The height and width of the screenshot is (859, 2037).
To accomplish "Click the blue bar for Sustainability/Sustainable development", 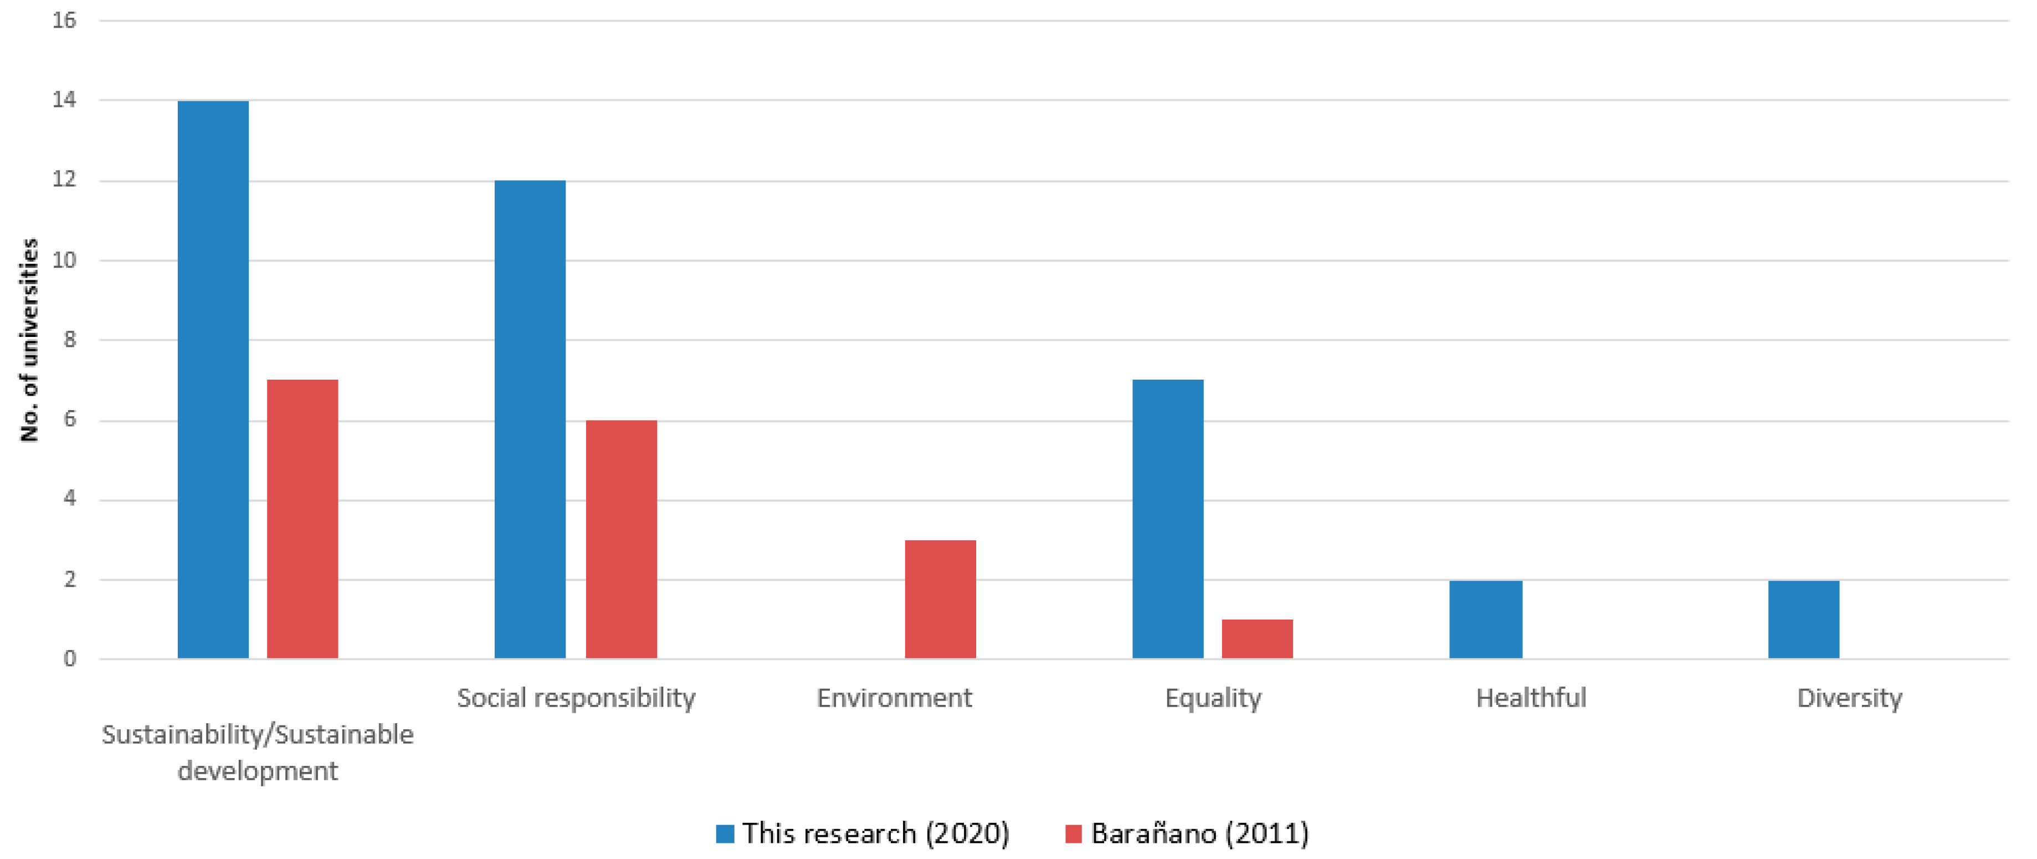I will coord(213,380).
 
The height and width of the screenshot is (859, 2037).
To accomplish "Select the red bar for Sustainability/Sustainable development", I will coord(302,519).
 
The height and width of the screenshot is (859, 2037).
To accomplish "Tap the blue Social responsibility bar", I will coord(530,419).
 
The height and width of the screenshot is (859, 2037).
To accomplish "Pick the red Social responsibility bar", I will coord(621,539).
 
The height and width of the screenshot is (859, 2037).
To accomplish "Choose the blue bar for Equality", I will coord(1167,519).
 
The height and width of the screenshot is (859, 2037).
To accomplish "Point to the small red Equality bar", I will coord(1256,638).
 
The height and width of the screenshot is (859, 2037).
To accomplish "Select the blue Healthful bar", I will coord(1485,620).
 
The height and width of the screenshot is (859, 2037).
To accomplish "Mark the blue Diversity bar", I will coord(1803,620).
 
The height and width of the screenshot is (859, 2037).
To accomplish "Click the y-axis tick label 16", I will coord(64,21).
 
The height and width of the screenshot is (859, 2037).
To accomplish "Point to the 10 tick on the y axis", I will coord(64,260).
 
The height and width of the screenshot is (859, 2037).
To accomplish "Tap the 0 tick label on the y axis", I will coord(70,659).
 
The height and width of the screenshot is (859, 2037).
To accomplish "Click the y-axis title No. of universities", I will coord(29,340).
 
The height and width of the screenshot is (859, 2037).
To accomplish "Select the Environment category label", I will coord(894,698).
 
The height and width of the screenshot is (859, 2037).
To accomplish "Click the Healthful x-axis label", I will coord(1531,698).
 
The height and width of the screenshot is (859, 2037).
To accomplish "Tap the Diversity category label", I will coord(1849,698).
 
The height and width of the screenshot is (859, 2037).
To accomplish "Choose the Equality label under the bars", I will coord(1213,698).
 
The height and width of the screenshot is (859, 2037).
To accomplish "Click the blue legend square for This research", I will coord(725,834).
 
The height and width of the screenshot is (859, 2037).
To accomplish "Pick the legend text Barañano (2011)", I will coord(1199,834).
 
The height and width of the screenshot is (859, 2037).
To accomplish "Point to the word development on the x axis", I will coord(258,770).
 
